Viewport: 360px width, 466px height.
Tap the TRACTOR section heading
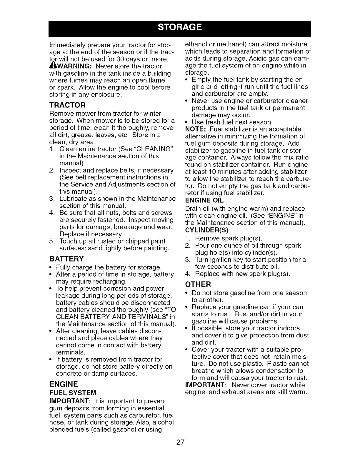coord(67,105)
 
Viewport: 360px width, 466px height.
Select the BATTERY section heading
coord(67,259)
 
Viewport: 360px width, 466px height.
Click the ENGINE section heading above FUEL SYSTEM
coord(64,384)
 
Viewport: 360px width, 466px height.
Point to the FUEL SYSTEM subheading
coord(73,393)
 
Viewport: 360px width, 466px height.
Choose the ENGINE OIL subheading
coord(204,201)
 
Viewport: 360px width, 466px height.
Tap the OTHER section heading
coord(198,284)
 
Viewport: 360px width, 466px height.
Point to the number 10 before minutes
coord(215,172)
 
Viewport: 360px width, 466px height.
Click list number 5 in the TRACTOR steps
coord(52,242)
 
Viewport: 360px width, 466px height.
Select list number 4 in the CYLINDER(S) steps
coord(188,274)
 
